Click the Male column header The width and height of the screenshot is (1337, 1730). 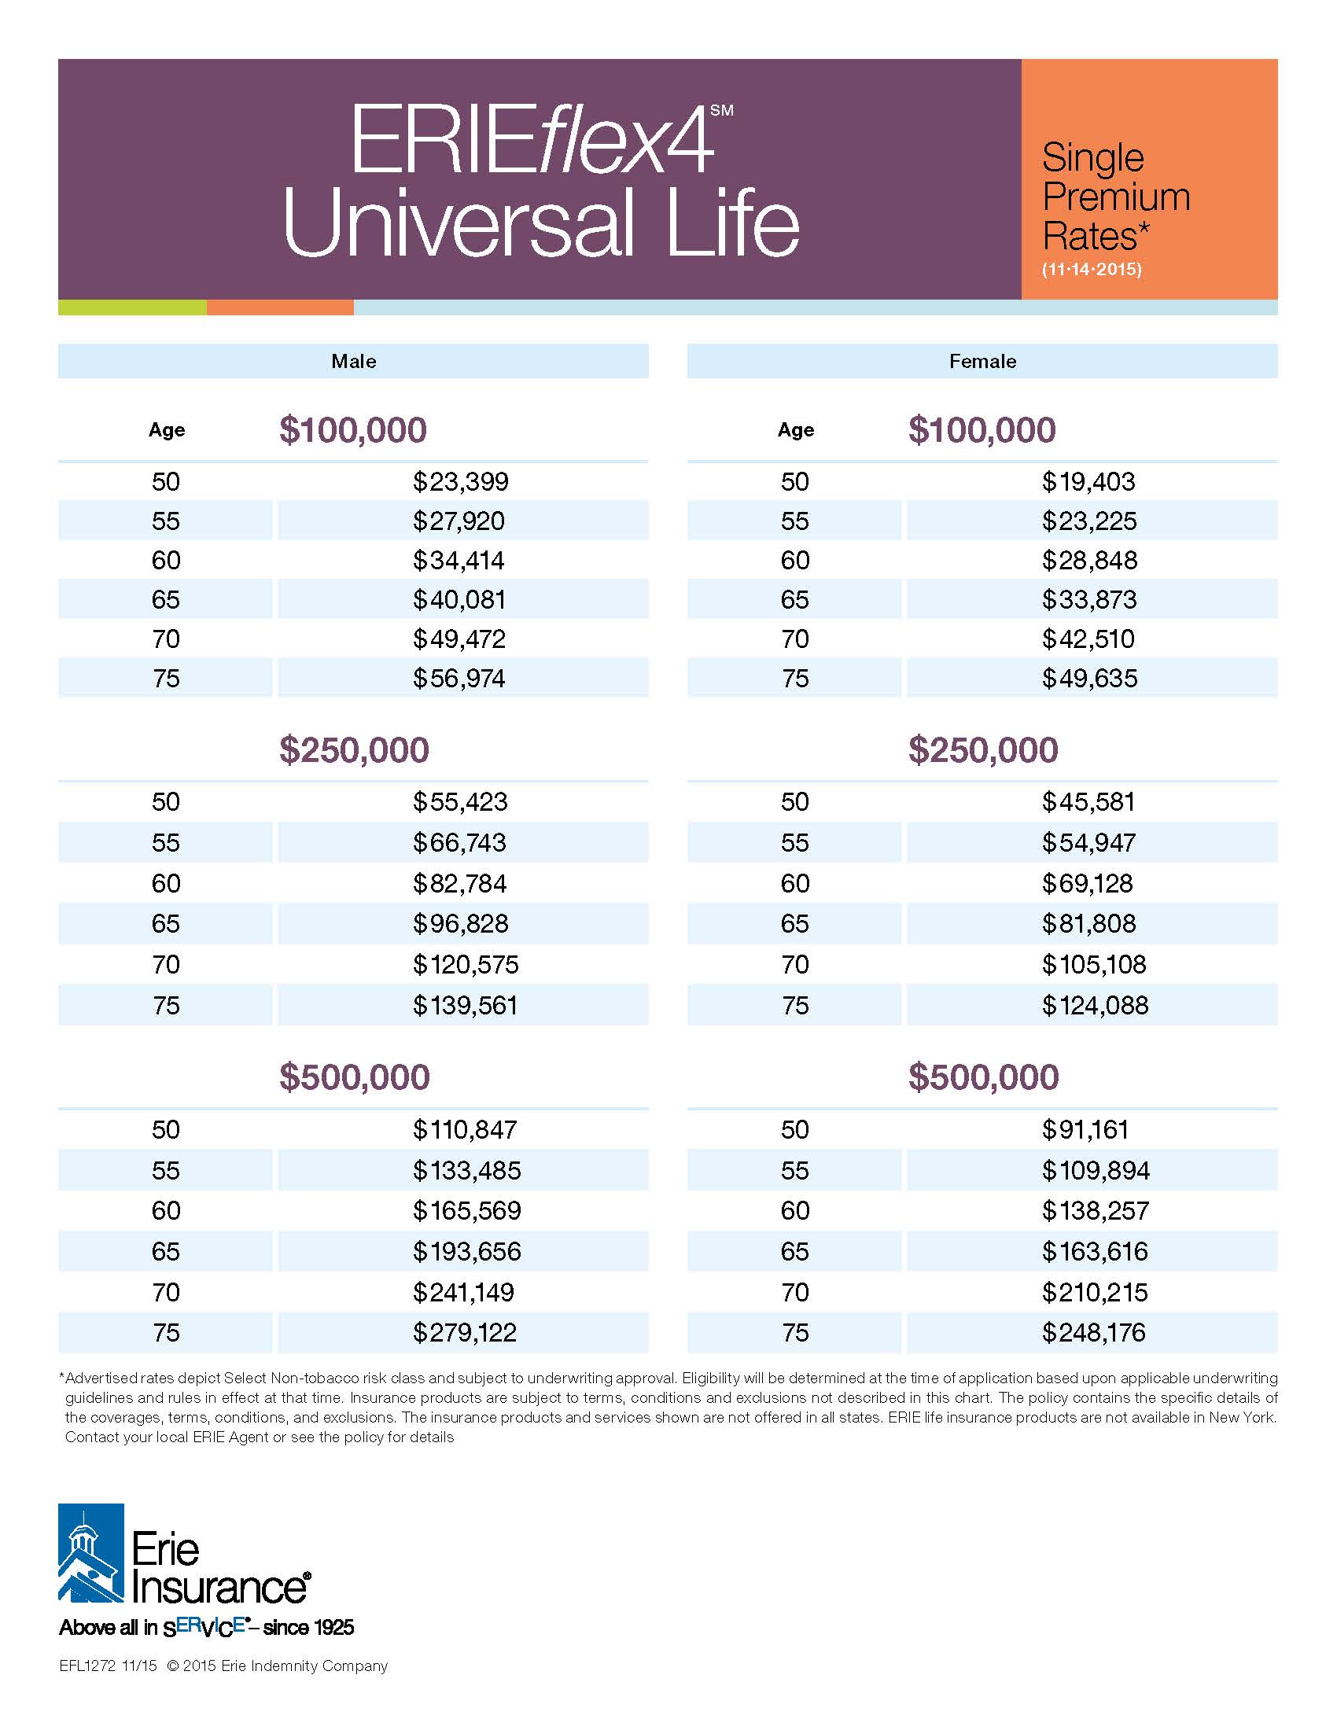(x=353, y=361)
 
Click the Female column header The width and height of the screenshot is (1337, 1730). (x=982, y=361)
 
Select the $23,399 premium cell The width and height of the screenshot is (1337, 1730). (x=460, y=481)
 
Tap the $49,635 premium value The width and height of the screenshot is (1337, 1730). (x=1089, y=678)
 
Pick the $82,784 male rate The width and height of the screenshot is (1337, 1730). (x=459, y=883)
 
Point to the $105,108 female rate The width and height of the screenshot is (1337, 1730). (x=1094, y=964)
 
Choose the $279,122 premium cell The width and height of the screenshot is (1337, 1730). (x=464, y=1332)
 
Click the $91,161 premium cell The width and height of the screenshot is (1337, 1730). (x=1085, y=1128)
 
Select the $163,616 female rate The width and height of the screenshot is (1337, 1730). (x=1095, y=1251)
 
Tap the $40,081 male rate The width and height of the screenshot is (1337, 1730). (x=459, y=600)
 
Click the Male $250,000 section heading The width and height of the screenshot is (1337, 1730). (x=354, y=750)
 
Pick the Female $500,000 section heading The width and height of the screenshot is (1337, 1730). (x=983, y=1077)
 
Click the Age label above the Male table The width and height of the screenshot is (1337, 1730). (x=166, y=430)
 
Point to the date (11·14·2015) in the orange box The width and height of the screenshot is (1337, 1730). (x=1092, y=269)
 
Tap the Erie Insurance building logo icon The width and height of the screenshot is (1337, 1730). (x=91, y=1552)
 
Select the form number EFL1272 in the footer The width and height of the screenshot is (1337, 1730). (x=87, y=1666)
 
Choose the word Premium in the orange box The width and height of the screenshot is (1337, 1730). (x=1116, y=197)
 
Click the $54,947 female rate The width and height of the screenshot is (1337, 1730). (x=1088, y=842)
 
